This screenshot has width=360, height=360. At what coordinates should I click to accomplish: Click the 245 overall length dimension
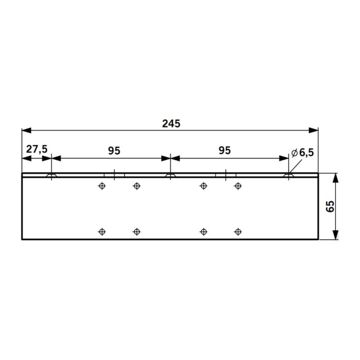(171, 124)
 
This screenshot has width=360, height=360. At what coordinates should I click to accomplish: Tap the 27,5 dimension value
(37, 149)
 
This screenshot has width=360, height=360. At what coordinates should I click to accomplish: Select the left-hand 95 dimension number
(114, 151)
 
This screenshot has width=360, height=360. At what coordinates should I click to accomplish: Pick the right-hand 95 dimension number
(225, 151)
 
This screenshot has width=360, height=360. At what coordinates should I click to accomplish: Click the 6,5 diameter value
(307, 153)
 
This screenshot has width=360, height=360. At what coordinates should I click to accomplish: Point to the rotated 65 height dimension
(330, 206)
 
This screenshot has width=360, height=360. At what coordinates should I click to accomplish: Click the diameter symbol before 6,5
(295, 153)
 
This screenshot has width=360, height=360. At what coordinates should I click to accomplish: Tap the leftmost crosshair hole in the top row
(102, 186)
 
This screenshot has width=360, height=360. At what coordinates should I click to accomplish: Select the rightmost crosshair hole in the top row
(238, 186)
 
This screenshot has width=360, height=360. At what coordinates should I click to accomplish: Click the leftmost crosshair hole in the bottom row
(102, 231)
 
